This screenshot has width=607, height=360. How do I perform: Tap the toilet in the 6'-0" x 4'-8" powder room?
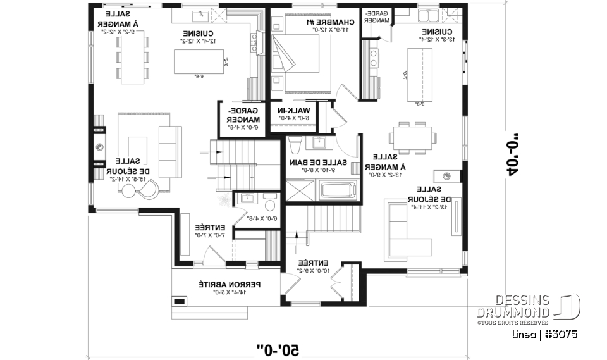(x=270, y=204)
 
